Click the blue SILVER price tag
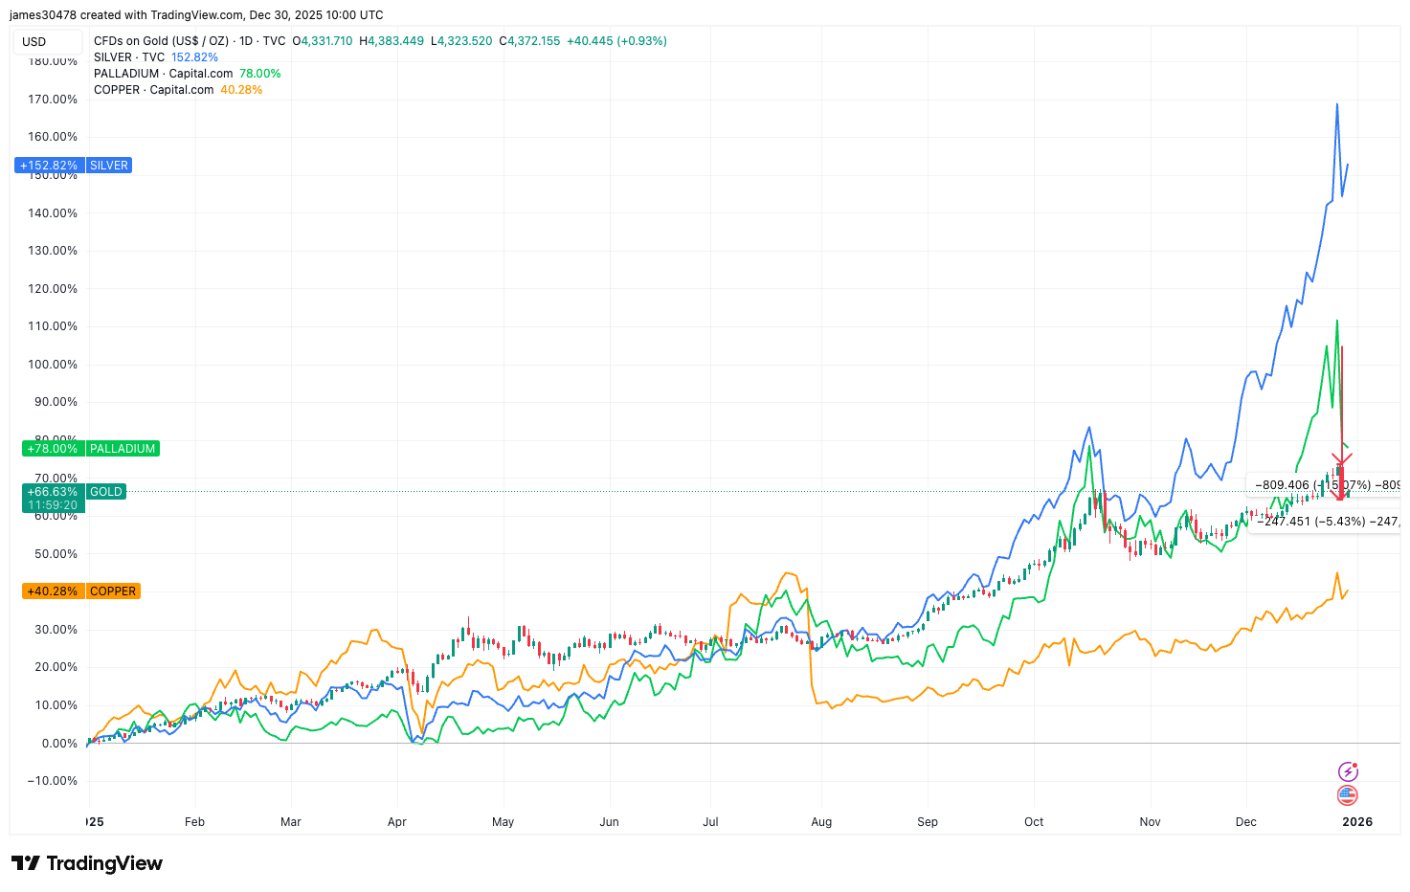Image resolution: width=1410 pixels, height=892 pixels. pyautogui.click(x=73, y=166)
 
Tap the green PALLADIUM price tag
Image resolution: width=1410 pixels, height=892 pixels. pyautogui.click(x=90, y=449)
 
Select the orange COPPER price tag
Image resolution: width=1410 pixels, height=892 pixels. pyautogui.click(x=80, y=591)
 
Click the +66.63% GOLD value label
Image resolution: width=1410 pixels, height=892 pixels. pyautogui.click(x=53, y=492)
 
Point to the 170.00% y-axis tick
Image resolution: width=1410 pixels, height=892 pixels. pyautogui.click(x=53, y=100)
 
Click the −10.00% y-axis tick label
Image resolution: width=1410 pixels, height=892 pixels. pyautogui.click(x=51, y=781)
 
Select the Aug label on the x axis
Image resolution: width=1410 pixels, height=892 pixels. pyautogui.click(x=821, y=822)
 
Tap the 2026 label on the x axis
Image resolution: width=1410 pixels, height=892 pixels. pyautogui.click(x=1356, y=822)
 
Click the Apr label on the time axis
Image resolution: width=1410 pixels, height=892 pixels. pyautogui.click(x=397, y=822)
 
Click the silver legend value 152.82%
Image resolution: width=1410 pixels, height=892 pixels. pyautogui.click(x=194, y=57)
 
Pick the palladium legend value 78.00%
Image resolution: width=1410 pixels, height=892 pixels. pyautogui.click(x=259, y=74)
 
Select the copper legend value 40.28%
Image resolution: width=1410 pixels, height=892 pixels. pyautogui.click(x=241, y=90)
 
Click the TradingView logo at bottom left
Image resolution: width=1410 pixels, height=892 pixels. pyautogui.click(x=87, y=863)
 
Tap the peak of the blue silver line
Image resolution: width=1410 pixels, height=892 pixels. pyautogui.click(x=1337, y=104)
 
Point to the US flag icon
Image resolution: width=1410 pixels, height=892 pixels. pyautogui.click(x=1347, y=795)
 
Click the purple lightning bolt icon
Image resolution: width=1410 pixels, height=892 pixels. pyautogui.click(x=1347, y=771)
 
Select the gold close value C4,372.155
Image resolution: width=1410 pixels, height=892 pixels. pyautogui.click(x=529, y=41)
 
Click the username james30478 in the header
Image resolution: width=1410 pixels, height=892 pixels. pyautogui.click(x=42, y=15)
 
